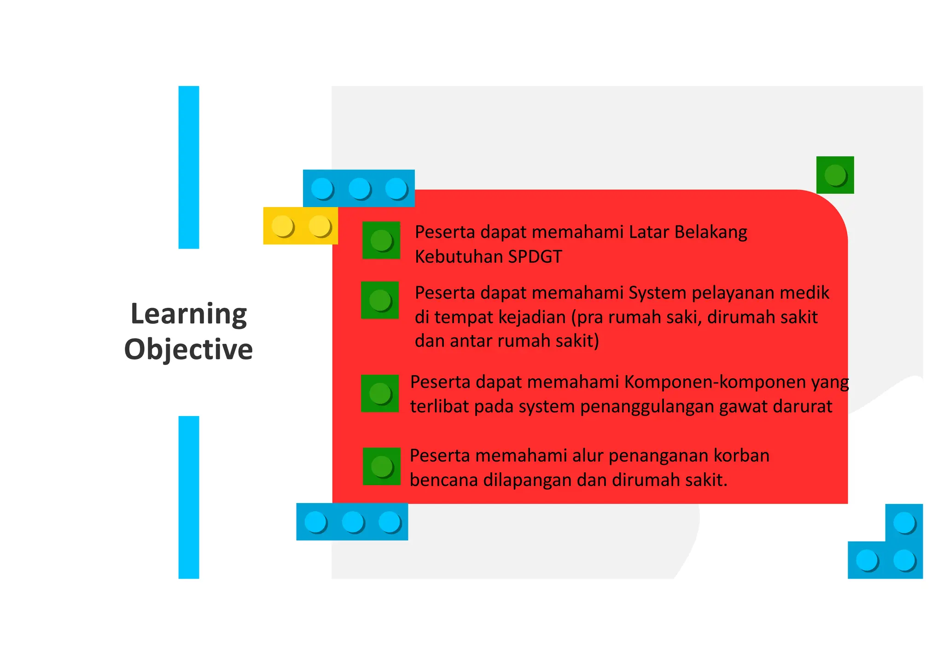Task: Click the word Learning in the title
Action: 188,315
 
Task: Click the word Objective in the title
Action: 188,349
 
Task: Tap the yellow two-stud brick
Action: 300,226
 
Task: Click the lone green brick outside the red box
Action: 835,175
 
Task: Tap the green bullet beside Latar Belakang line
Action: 381,240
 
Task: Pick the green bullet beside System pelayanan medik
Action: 380,300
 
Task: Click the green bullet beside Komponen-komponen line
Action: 380,393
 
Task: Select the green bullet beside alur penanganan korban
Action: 382,466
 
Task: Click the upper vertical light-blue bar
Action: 189,167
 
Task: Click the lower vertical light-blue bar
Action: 189,497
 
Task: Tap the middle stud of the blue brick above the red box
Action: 359,188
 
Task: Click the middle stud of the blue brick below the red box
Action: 353,522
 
